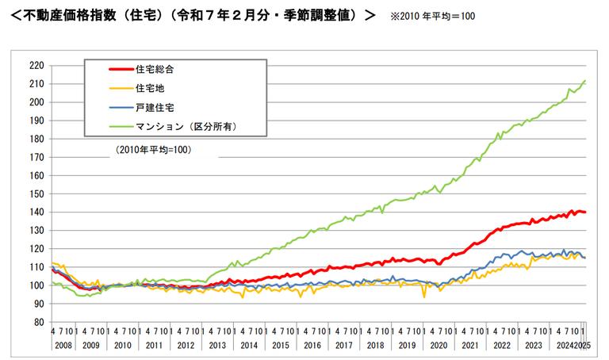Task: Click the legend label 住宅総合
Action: (155, 69)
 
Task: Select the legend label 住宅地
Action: (151, 87)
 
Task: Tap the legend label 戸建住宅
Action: (155, 106)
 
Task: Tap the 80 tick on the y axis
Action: (36, 323)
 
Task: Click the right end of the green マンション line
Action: (584, 81)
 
